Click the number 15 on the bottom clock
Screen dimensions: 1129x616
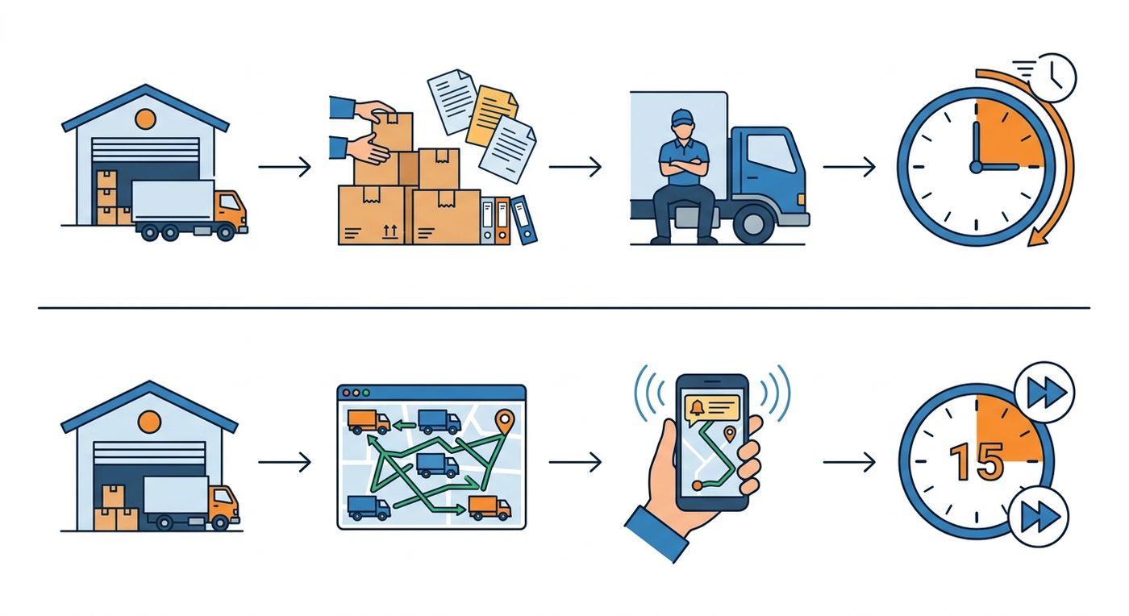pyautogui.click(x=977, y=461)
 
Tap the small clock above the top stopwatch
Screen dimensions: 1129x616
pyautogui.click(x=1052, y=78)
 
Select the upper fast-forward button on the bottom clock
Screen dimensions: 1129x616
pyautogui.click(x=1044, y=392)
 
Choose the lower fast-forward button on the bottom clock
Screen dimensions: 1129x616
pyautogui.click(x=1039, y=517)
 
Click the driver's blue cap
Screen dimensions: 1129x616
pyautogui.click(x=683, y=117)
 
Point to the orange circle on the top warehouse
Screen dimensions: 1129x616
pyautogui.click(x=145, y=119)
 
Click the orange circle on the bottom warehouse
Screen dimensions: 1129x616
pyautogui.click(x=150, y=422)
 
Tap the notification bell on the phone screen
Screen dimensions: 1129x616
pyautogui.click(x=698, y=407)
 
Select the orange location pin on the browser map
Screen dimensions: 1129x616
pyautogui.click(x=505, y=422)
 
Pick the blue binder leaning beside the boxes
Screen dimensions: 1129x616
pyautogui.click(x=524, y=220)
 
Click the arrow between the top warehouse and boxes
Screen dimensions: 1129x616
pyautogui.click(x=285, y=167)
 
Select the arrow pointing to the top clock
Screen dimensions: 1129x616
pyautogui.click(x=849, y=167)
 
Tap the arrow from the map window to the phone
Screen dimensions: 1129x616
pyautogui.click(x=575, y=462)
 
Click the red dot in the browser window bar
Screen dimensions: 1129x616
pyautogui.click(x=346, y=393)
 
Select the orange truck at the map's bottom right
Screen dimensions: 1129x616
pyautogui.click(x=490, y=508)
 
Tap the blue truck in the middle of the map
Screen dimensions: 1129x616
pyautogui.click(x=437, y=464)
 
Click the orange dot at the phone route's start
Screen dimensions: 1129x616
pyautogui.click(x=697, y=485)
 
